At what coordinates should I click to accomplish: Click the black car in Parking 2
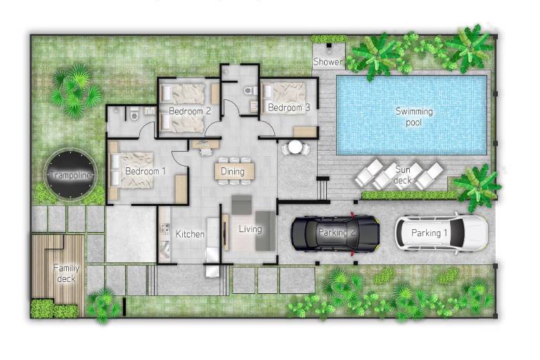(x=335, y=234)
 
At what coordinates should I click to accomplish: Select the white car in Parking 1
(x=441, y=233)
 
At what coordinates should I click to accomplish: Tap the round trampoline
(x=70, y=174)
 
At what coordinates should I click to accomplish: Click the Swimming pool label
(x=413, y=117)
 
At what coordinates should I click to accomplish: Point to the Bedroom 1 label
(x=146, y=171)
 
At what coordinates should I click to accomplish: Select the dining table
(x=235, y=172)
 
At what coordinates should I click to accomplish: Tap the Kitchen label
(x=190, y=234)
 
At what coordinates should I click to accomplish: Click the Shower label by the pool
(x=328, y=62)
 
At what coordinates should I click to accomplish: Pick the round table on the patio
(x=295, y=148)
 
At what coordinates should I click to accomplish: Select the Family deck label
(x=66, y=274)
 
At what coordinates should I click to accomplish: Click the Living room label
(x=250, y=229)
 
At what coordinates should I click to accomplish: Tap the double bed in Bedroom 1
(x=131, y=170)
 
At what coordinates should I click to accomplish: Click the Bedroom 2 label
(x=190, y=111)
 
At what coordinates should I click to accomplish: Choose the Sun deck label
(x=402, y=174)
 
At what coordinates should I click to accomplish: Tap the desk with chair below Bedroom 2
(x=205, y=146)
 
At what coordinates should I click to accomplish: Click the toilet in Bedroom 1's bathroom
(x=134, y=114)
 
